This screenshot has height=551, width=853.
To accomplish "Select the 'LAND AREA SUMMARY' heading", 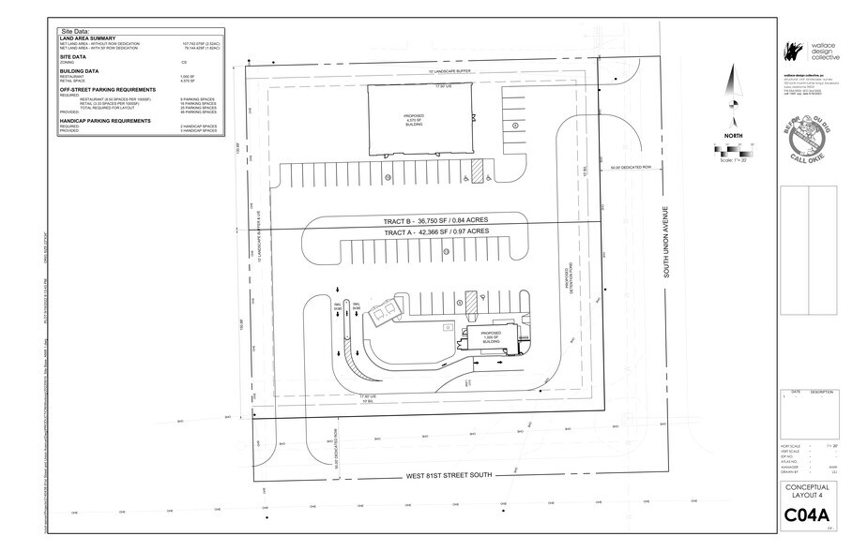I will click(x=87, y=38).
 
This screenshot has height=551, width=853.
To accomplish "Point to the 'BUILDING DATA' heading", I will click(x=80, y=70).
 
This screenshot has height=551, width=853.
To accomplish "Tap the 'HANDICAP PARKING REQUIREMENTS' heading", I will click(x=105, y=120).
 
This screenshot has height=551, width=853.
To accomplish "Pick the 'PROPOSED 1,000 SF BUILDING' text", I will click(x=492, y=336).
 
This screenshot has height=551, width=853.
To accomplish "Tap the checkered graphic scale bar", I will click(x=733, y=149).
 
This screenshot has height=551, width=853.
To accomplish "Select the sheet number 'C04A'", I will click(x=808, y=516).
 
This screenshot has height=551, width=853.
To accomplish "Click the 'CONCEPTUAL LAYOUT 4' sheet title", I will click(x=807, y=491).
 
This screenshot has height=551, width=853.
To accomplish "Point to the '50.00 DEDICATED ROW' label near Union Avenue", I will click(x=631, y=168).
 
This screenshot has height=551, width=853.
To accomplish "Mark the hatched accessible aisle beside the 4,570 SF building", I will click(x=476, y=171).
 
